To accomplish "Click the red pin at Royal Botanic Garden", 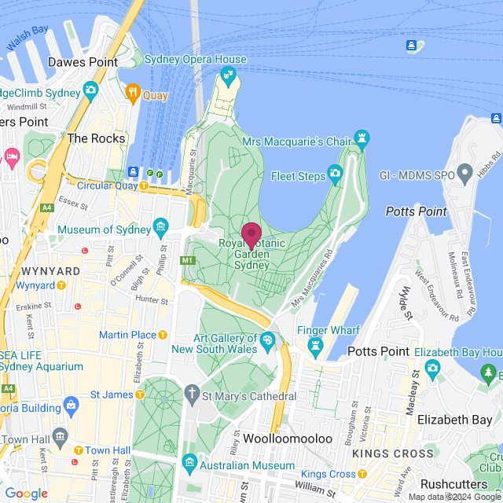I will pos(251,235).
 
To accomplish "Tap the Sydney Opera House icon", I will pos(228,75).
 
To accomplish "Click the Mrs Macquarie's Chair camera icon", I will pos(362,141).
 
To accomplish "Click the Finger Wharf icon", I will pos(316,345).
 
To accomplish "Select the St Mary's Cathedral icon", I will pos(192,391).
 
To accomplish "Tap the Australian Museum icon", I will pos(189,461).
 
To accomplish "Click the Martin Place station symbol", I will pos(163,335).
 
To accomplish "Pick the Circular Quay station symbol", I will pos(144,185).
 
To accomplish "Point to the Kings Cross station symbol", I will pos(362,474).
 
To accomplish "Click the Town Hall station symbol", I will pos(79,450).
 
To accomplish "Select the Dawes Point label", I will pos(83,62).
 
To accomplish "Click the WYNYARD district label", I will pos(53,270).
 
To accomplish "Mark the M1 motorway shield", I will pos(187,260).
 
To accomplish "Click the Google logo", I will pos(26,493).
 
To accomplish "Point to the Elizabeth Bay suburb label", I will pos(454,420).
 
